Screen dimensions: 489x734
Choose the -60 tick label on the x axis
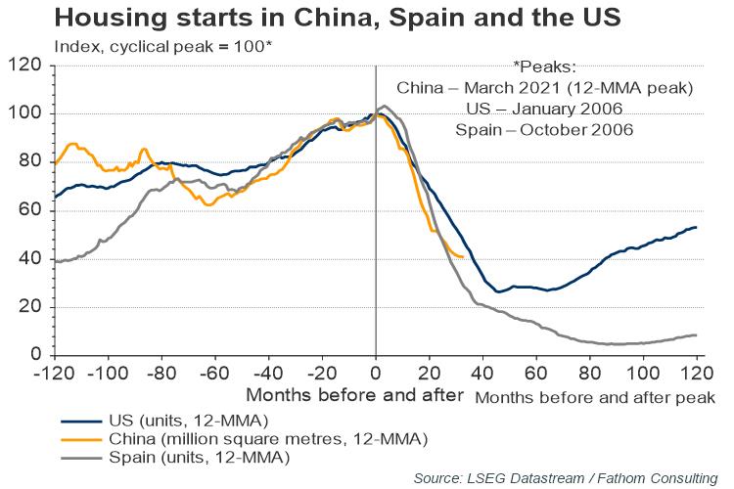point(214,375)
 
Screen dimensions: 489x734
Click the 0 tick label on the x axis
point(376,375)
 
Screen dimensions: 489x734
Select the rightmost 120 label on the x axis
point(697,375)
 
